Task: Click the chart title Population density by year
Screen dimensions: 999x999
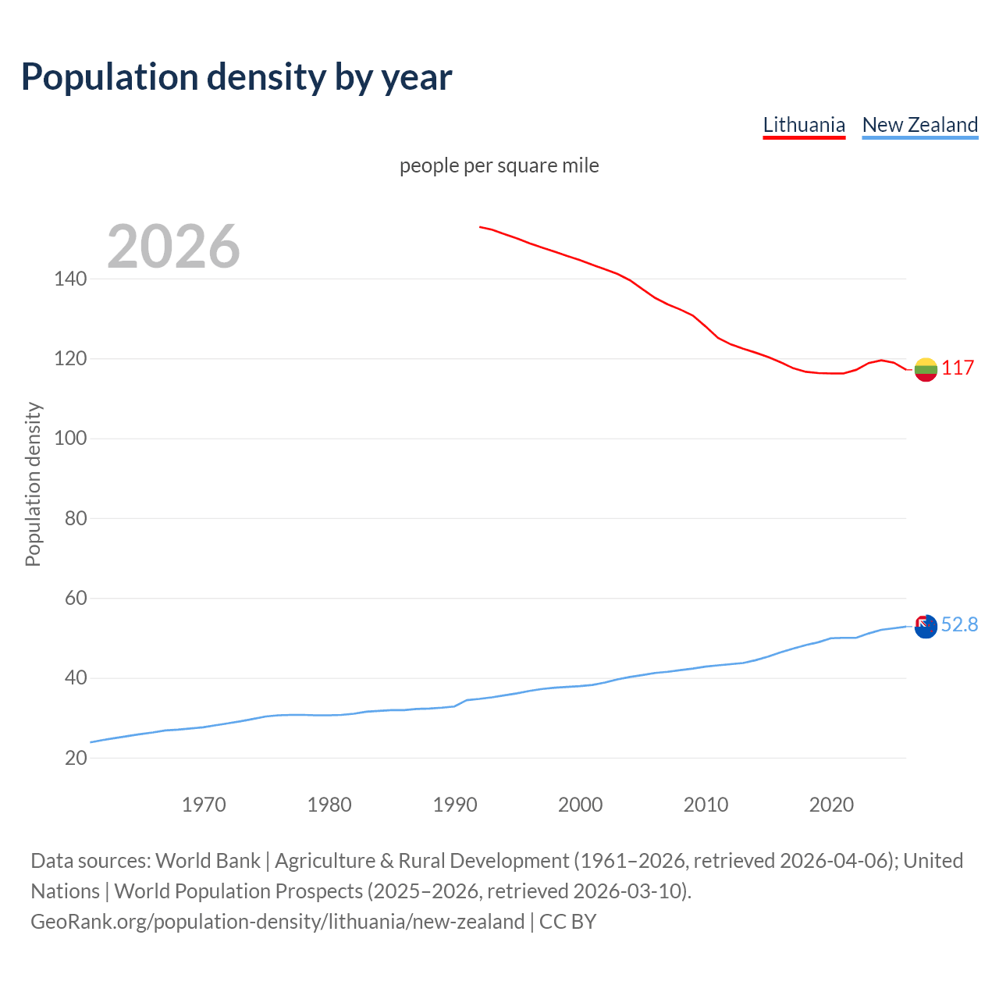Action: (x=236, y=77)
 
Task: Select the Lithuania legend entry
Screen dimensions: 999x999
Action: (x=804, y=125)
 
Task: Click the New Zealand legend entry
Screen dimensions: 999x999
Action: (x=919, y=125)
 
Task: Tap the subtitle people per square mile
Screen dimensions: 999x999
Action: (x=499, y=165)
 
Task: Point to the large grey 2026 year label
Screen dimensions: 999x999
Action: (x=173, y=247)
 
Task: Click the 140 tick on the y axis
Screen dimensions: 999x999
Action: (x=70, y=279)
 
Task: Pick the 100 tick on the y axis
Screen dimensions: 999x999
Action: (x=70, y=439)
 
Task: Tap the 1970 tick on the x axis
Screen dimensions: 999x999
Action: (x=204, y=805)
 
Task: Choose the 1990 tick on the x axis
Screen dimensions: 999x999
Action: (x=455, y=805)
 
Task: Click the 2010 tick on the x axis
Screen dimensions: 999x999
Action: (x=706, y=805)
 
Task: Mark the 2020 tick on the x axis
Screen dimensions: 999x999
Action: (x=831, y=805)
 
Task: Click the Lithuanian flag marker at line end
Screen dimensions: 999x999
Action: (x=926, y=369)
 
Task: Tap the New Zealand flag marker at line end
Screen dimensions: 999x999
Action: (x=926, y=626)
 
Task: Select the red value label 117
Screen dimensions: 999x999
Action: (x=958, y=368)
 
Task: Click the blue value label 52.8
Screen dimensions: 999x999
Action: (x=959, y=624)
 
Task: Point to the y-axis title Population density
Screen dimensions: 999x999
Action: (x=33, y=484)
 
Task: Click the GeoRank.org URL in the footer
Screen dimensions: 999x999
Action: (x=277, y=922)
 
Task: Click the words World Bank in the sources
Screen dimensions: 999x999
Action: (x=208, y=861)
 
